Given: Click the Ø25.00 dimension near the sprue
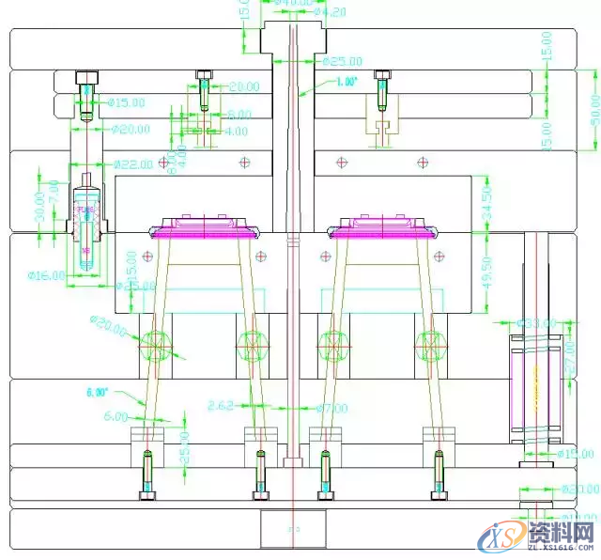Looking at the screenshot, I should click(x=343, y=62).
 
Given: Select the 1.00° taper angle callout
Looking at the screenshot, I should click(x=344, y=83).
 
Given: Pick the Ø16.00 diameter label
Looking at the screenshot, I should click(x=46, y=275).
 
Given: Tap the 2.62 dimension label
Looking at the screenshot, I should click(x=222, y=406).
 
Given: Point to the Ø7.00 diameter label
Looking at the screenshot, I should click(x=331, y=408).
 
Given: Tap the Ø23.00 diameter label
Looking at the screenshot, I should click(x=578, y=489).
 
